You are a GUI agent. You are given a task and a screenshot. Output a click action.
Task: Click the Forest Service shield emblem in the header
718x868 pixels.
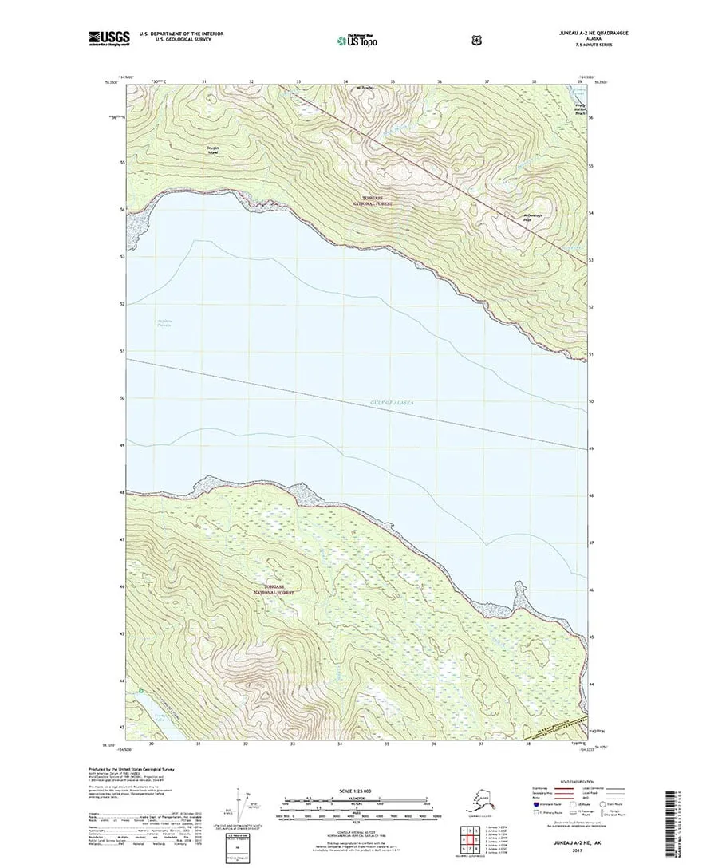click(x=409, y=37)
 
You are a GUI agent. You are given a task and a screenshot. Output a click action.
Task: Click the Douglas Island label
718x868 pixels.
click(x=212, y=151)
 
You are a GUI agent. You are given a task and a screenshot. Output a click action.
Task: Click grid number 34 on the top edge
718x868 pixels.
click(x=346, y=81)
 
